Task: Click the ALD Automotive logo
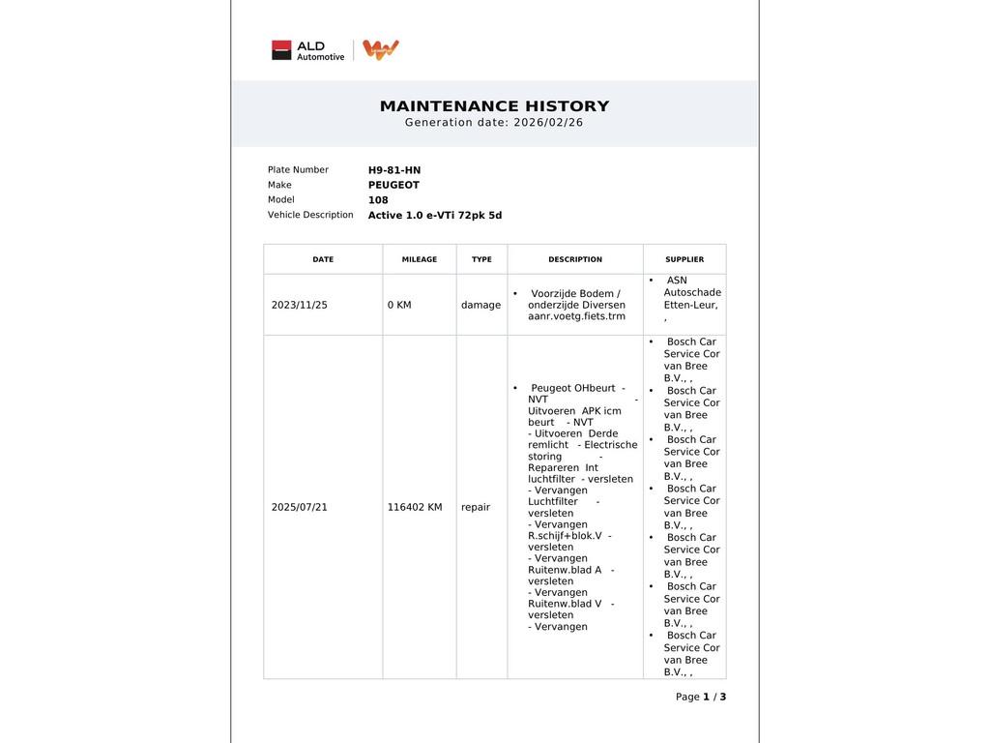click(307, 50)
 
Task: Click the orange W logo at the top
click(381, 49)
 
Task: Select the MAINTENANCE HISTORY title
click(494, 106)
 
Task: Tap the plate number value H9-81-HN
click(394, 170)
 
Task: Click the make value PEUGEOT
click(393, 185)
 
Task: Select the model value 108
click(378, 200)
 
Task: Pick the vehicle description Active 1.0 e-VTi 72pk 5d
click(435, 216)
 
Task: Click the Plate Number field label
click(298, 170)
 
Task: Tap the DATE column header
click(323, 259)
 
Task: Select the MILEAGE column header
click(420, 259)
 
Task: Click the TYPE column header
click(481, 259)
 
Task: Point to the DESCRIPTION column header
click(575, 259)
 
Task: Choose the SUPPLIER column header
click(684, 259)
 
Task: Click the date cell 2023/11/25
click(300, 305)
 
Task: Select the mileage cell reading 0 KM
click(399, 305)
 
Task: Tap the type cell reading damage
click(480, 305)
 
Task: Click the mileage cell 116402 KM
click(415, 507)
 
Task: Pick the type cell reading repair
click(476, 507)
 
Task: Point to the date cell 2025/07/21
click(300, 507)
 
